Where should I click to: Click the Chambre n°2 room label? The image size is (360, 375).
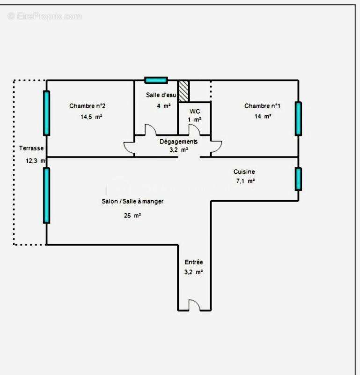point(90,106)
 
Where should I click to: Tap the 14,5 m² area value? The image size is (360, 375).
point(91,117)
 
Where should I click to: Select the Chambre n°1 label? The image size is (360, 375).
point(262,106)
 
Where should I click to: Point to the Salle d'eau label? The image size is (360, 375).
point(161,95)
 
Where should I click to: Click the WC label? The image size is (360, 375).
point(195,111)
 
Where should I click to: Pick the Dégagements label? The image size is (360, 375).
point(178,141)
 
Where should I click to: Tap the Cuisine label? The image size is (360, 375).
point(244,172)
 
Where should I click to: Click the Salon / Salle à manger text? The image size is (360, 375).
point(132,201)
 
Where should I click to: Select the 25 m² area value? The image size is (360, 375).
point(132,216)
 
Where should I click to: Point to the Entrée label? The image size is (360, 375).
point(194,262)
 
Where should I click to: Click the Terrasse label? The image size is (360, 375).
point(31,148)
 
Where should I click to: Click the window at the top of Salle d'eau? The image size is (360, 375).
point(156,80)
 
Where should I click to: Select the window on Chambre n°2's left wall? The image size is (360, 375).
point(46,112)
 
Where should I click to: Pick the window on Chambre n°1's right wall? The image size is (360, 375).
point(298,118)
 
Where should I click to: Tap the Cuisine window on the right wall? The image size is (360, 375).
point(298,179)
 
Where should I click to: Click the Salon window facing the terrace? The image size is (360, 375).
point(46,195)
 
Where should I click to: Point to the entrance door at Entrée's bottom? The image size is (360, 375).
point(194,305)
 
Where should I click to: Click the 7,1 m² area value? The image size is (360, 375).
point(244,181)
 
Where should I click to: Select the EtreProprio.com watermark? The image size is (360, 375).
point(44,16)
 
